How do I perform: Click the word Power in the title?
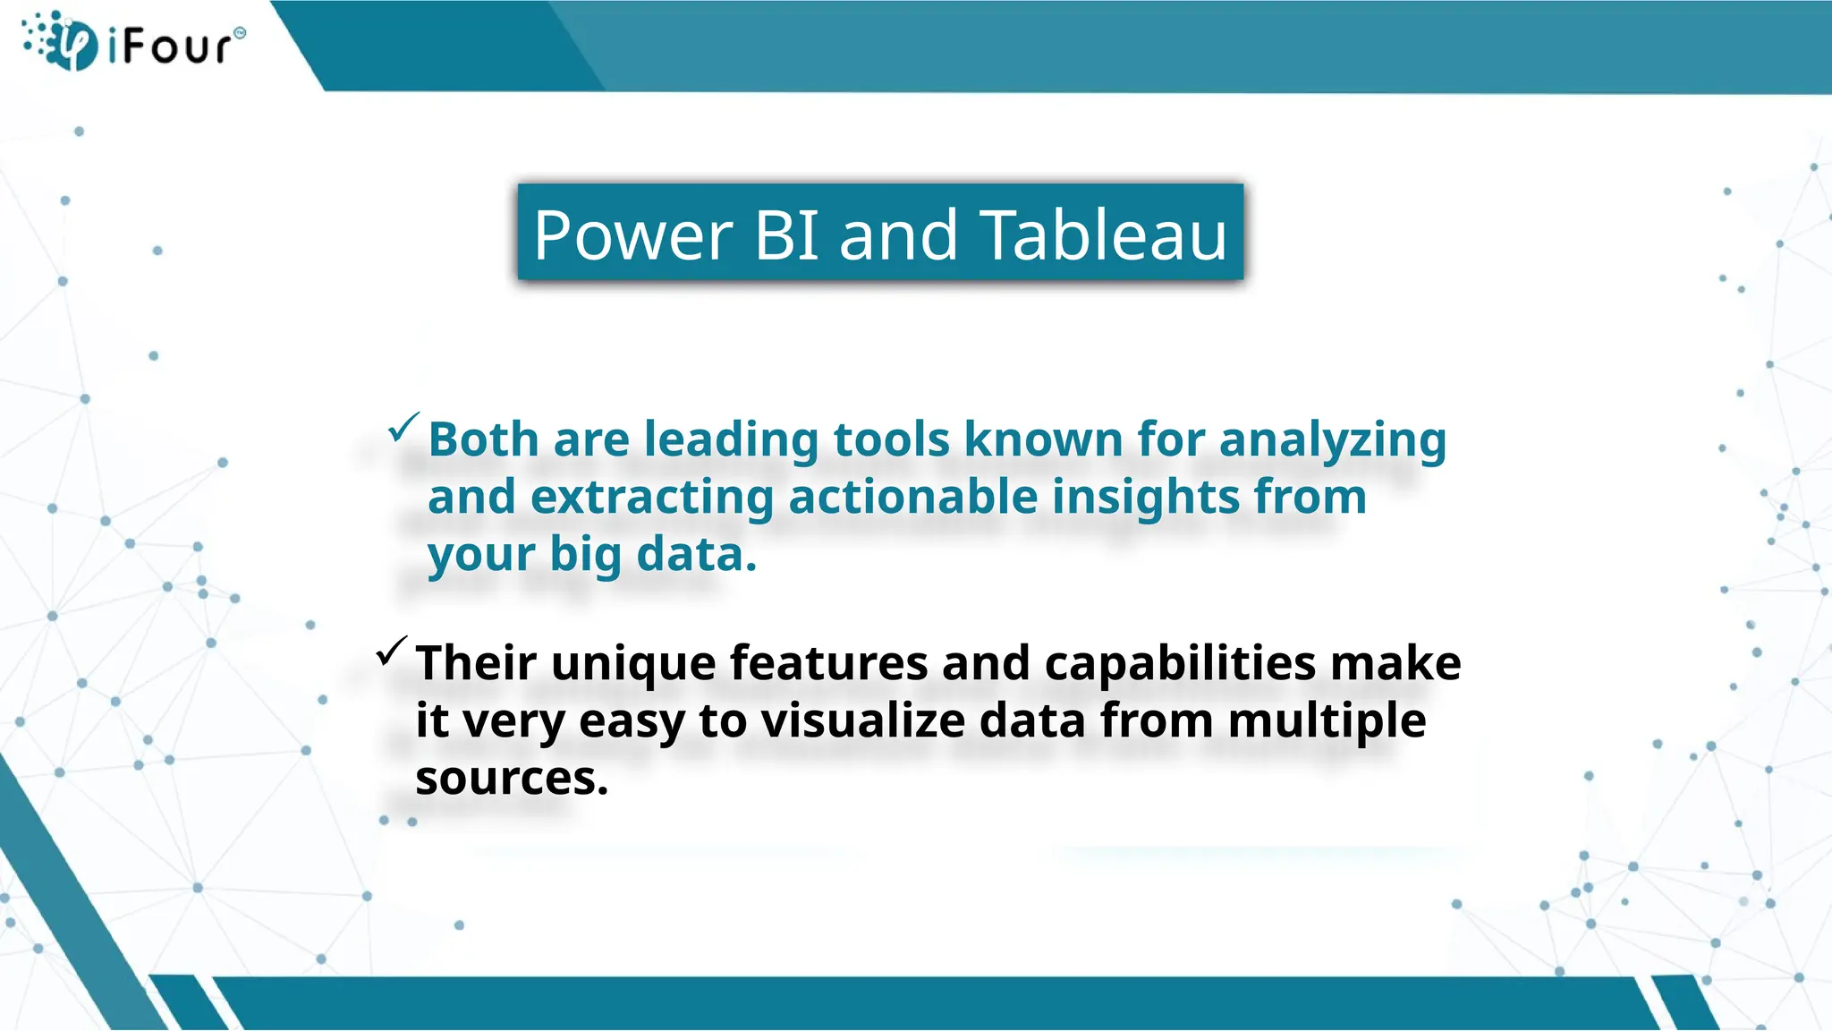(x=633, y=235)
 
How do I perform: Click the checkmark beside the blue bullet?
(x=403, y=427)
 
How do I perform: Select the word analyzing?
(x=1332, y=440)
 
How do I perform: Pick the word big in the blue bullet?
(x=585, y=555)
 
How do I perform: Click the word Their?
(x=476, y=664)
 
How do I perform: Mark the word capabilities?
(x=1180, y=664)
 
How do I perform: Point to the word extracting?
(x=651, y=498)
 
